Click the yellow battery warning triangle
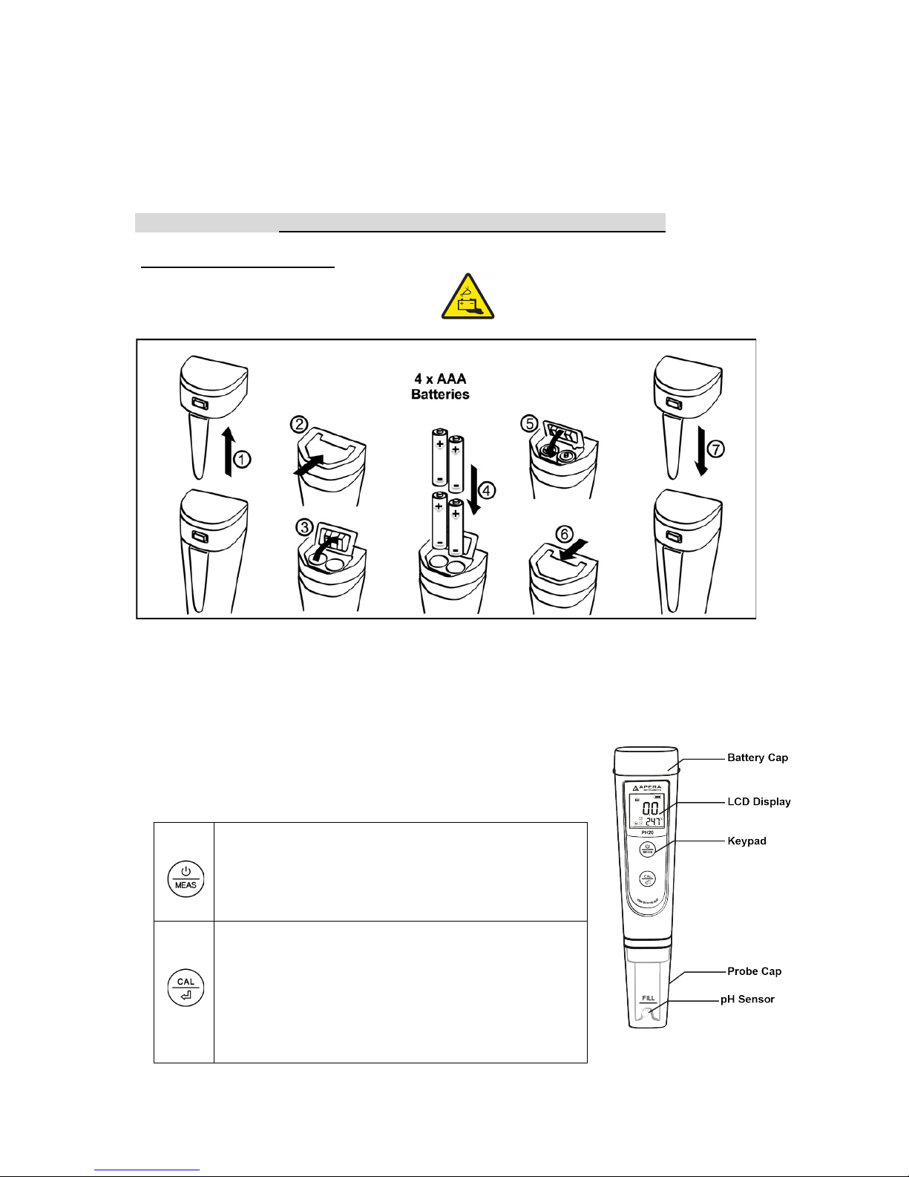469,297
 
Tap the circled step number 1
242,460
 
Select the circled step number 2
298,424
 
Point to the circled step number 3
304,527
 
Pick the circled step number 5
530,423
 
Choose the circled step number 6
565,534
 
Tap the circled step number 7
715,449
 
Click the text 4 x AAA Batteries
440,387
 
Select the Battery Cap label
757,757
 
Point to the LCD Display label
758,801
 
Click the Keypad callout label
746,841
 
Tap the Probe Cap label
754,971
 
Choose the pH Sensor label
747,999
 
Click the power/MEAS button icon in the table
186,878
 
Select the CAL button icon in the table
186,987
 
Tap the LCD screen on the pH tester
646,811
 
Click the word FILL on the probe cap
648,997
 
